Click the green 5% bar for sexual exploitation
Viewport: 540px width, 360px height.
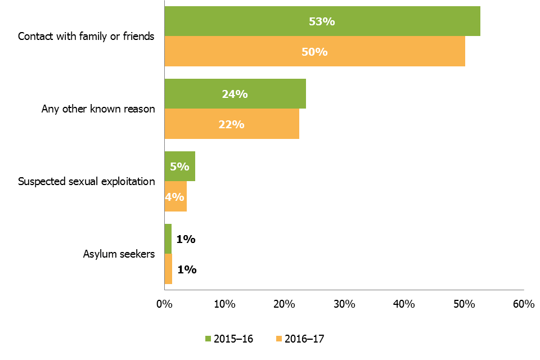(179, 166)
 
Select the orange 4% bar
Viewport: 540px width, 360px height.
(175, 197)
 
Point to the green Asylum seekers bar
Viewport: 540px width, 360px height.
(168, 238)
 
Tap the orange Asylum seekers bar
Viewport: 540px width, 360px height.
(168, 269)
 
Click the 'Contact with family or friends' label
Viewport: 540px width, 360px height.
(86, 37)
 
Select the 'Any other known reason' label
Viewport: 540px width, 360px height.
(98, 109)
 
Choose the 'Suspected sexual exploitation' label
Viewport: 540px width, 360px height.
(86, 181)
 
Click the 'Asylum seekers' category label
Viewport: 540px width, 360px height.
(118, 254)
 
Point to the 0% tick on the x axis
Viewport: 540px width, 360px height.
(164, 304)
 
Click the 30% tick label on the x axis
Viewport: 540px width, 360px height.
(344, 304)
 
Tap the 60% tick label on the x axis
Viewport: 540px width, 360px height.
(524, 304)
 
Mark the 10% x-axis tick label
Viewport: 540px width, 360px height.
(224, 304)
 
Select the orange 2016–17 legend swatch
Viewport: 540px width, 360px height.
(278, 339)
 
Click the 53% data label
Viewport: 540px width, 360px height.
(322, 21)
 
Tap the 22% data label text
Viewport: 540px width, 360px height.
(231, 124)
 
